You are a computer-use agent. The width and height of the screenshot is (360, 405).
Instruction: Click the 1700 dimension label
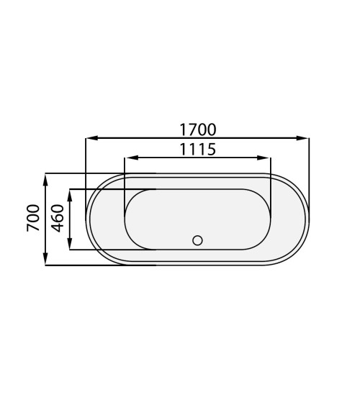point(198,129)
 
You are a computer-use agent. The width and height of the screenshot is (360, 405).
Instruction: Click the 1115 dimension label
point(198,150)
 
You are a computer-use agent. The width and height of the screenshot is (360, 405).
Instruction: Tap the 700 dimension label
point(33,218)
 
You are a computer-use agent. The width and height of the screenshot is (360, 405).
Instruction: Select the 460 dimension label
point(57,218)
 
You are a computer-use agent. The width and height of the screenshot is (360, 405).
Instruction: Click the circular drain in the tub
point(197,240)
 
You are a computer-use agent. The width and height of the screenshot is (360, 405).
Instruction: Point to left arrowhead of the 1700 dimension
point(91,138)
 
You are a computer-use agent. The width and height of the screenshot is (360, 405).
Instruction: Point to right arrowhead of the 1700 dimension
point(302,138)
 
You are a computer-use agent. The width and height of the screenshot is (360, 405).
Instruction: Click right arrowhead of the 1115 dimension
point(264,158)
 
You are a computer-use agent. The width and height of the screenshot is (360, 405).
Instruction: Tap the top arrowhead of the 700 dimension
point(45,180)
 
